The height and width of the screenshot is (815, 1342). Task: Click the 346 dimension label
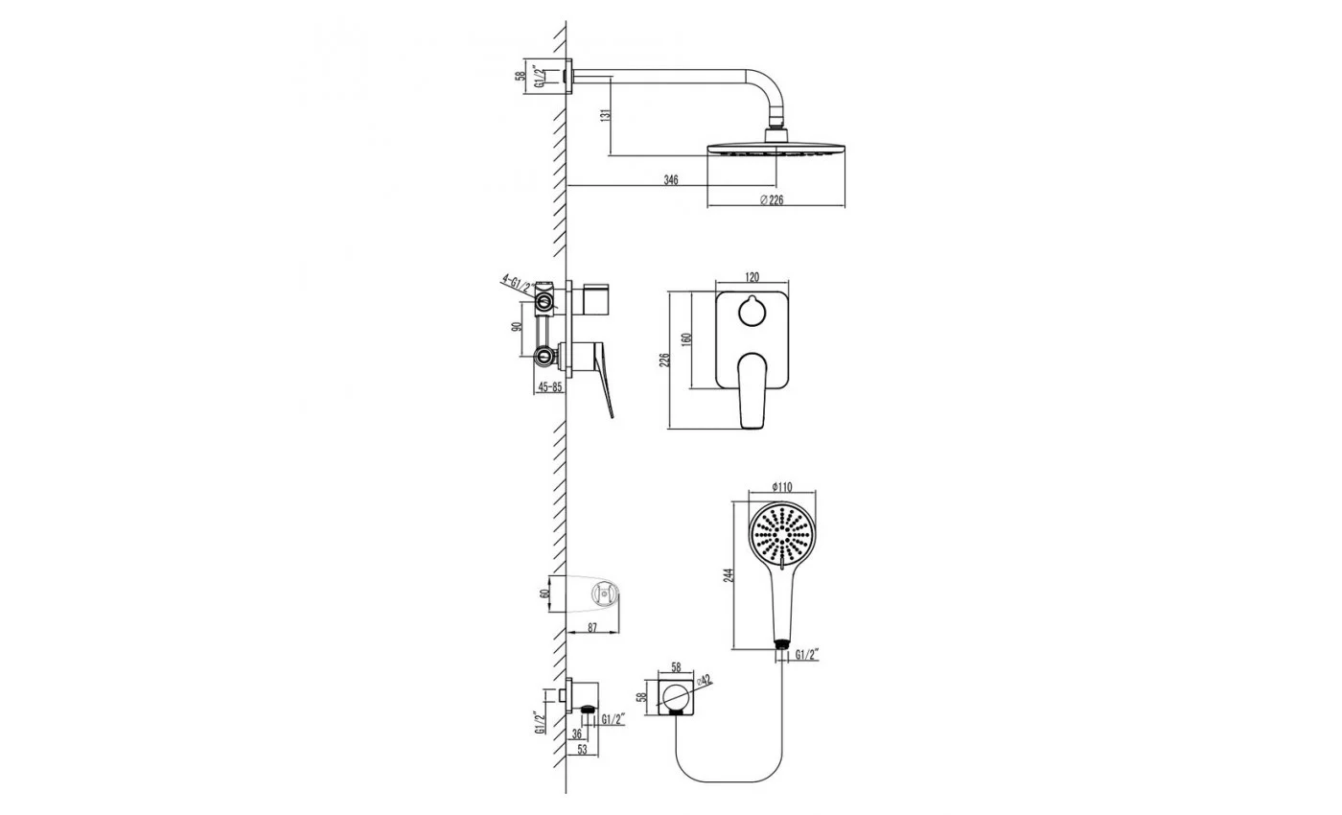coord(671,180)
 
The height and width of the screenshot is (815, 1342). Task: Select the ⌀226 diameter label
coord(772,200)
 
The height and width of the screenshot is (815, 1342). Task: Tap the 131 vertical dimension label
coord(606,114)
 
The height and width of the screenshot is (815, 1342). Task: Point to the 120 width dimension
coord(752,277)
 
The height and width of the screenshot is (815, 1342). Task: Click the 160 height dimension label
coord(686,339)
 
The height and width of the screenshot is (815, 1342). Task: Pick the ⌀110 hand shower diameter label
coord(782,487)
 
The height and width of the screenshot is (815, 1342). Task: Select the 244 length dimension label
coord(728,575)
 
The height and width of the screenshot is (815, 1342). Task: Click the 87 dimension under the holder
coord(592,628)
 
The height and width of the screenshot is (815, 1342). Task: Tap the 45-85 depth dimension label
coord(550,387)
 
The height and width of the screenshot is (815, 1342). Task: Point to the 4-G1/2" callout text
coord(518,285)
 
